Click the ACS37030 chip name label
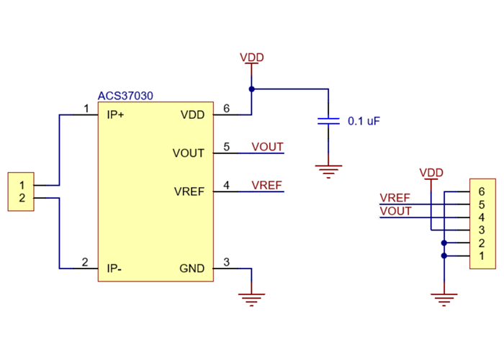coord(125,96)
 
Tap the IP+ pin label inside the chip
coord(115,114)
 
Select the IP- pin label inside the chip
coord(114,269)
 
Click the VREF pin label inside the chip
coord(189,192)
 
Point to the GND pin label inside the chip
coord(192,269)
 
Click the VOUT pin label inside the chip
coord(189,153)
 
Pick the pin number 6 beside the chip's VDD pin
coord(226,109)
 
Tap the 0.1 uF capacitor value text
coord(364,122)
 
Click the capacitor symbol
coord(328,120)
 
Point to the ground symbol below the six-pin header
coord(444,297)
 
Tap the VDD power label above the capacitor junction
coord(251,58)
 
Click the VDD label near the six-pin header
coord(431,173)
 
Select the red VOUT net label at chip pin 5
coord(267,147)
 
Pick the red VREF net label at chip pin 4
coord(266,185)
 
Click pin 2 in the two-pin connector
coord(22,198)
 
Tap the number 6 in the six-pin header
coord(481,192)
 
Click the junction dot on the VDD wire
coord(251,89)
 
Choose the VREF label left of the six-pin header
coord(395,198)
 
